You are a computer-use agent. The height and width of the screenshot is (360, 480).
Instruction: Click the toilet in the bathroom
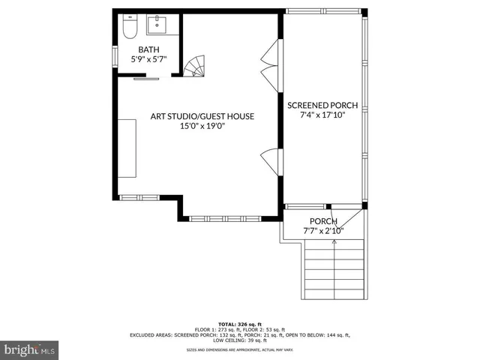click(128, 28)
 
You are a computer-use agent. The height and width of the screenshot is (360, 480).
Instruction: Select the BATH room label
click(148, 49)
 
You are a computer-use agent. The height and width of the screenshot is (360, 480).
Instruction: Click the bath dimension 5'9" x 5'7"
click(148, 59)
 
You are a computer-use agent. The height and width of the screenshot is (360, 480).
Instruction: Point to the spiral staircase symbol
click(196, 67)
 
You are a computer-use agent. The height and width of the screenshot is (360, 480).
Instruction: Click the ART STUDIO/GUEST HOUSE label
click(202, 116)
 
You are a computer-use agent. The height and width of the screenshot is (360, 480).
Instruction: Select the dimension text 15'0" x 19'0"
click(202, 127)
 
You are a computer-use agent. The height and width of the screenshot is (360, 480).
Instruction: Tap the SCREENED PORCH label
click(322, 106)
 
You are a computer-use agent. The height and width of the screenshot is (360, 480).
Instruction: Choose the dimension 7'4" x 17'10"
click(322, 116)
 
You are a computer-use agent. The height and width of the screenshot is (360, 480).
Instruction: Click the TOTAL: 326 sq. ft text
click(239, 320)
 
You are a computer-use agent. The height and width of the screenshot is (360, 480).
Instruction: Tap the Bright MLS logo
click(30, 349)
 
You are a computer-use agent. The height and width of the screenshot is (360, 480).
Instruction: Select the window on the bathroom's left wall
click(115, 57)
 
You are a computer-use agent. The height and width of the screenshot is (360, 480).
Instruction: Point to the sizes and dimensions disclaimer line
click(239, 350)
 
